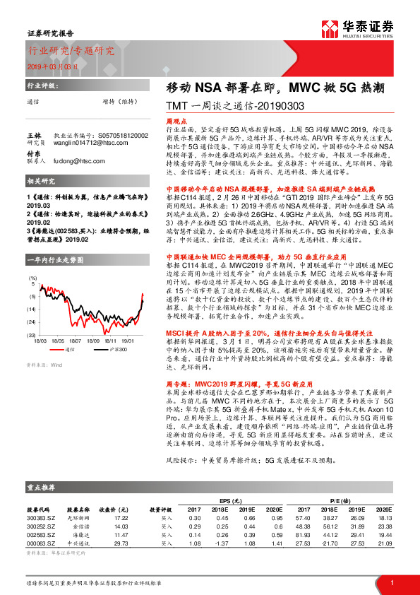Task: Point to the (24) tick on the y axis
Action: [x=32, y=310]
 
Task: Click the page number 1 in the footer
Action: [x=391, y=582]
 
